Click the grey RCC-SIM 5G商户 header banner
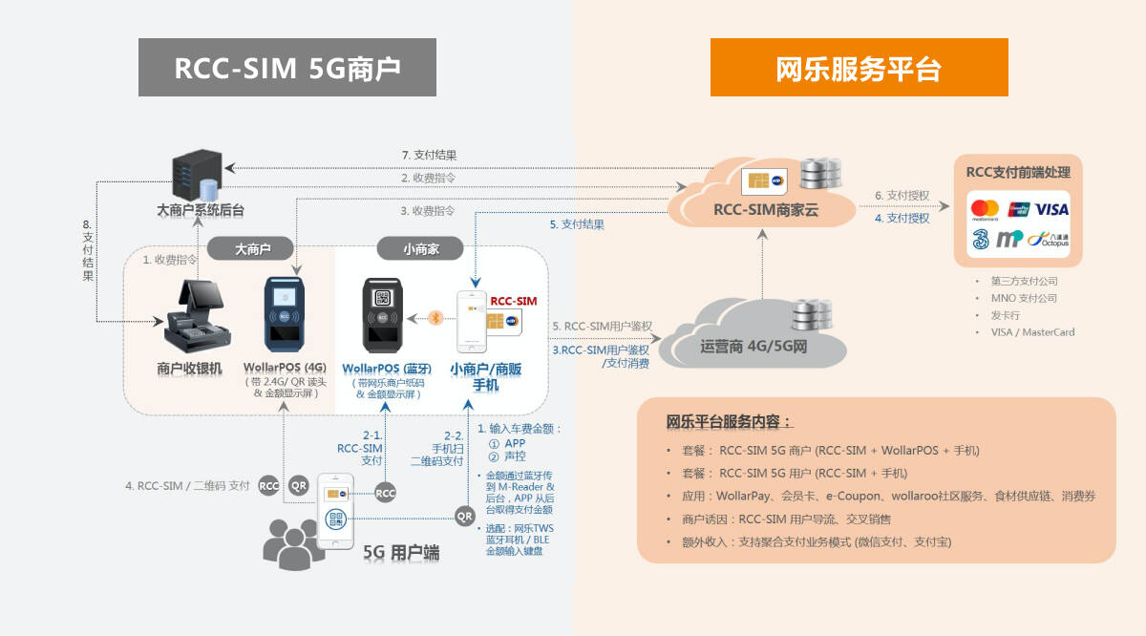[286, 68]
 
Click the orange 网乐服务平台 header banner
[859, 68]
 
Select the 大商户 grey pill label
[252, 249]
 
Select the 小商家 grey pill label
[419, 249]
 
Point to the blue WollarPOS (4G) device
[286, 316]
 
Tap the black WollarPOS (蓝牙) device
[382, 316]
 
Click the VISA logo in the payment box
[1051, 209]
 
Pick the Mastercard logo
[983, 209]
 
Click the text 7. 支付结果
[429, 155]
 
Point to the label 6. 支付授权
[902, 195]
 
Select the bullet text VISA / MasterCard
[1032, 332]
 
